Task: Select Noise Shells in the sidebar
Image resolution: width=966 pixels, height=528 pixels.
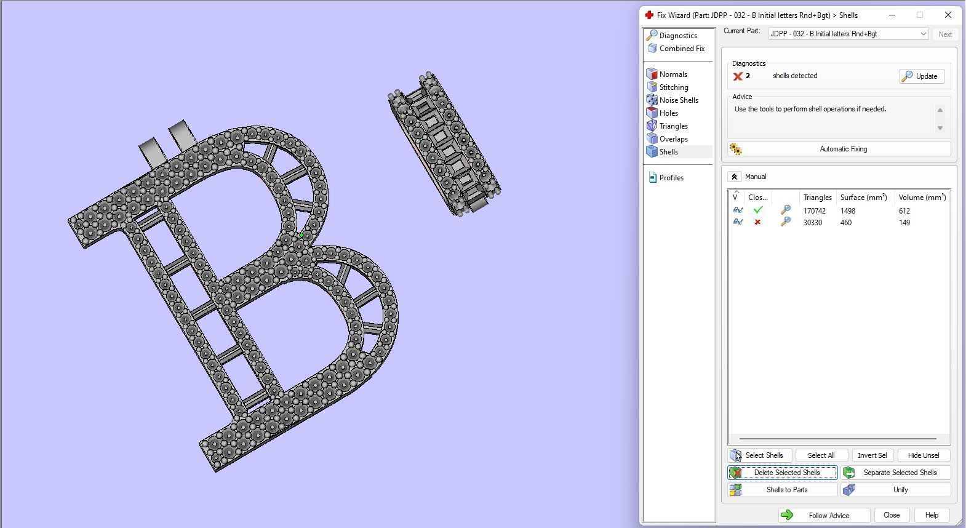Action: (678, 100)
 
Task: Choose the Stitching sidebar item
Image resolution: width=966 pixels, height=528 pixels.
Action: (673, 87)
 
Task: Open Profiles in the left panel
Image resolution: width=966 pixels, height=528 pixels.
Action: (671, 178)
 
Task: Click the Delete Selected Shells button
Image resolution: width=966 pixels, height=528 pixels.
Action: (782, 473)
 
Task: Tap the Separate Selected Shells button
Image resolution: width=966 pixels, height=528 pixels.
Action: (896, 473)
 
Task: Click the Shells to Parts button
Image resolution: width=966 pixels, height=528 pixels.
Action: (782, 490)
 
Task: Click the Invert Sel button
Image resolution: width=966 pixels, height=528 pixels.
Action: (872, 455)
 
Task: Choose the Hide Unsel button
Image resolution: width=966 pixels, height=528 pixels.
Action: (923, 455)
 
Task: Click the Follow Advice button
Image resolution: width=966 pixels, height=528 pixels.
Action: (824, 516)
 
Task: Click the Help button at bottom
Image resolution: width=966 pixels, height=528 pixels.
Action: (931, 516)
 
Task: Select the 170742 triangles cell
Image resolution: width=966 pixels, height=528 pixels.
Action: (814, 211)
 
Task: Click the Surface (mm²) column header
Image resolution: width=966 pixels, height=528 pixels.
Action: (863, 198)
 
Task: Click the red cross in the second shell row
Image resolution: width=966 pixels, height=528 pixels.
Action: (757, 223)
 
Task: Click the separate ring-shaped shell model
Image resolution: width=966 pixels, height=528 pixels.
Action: (444, 145)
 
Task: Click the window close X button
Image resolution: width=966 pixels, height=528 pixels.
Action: (948, 15)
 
